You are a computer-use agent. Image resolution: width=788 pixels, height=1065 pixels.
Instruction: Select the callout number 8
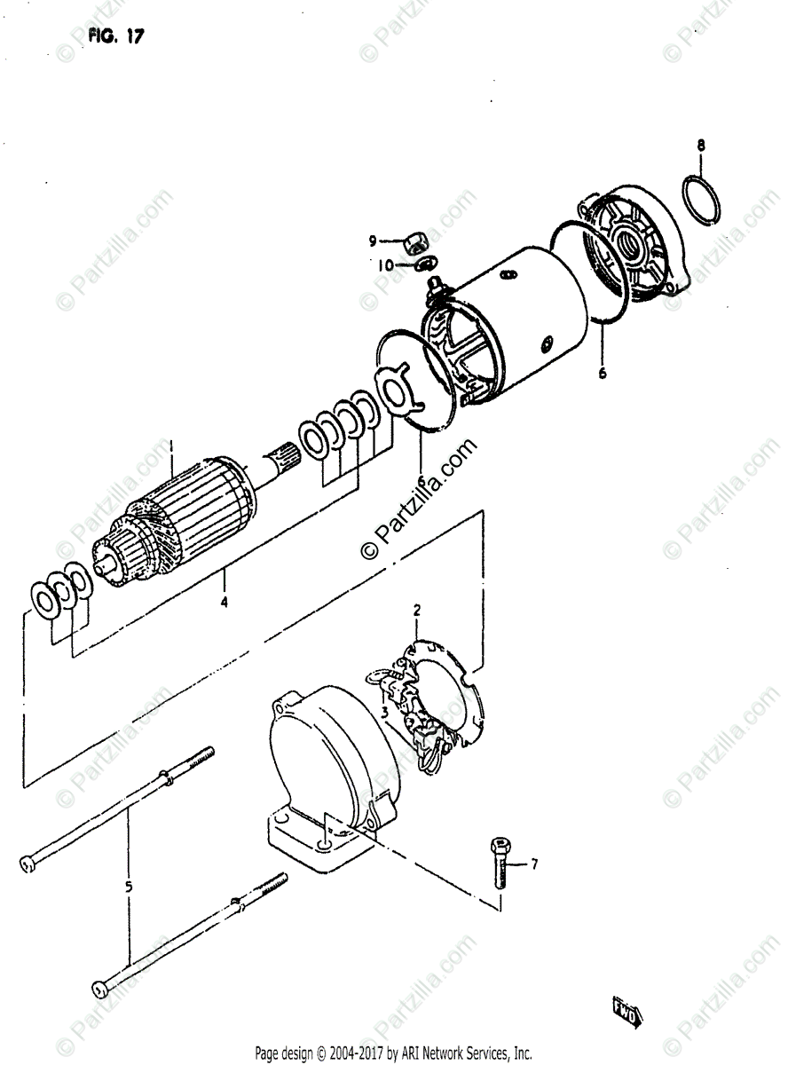click(x=701, y=145)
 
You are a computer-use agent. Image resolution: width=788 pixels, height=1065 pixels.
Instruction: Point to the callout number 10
click(x=384, y=264)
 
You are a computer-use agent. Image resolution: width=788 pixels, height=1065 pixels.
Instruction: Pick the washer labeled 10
click(x=425, y=262)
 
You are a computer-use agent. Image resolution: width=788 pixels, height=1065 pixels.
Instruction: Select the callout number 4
click(x=224, y=603)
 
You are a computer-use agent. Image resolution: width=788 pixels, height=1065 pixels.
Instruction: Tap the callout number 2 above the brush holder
click(x=416, y=610)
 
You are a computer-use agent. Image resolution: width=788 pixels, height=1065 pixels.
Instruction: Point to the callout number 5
click(x=129, y=885)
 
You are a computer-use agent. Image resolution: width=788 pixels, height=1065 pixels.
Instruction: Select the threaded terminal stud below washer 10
click(x=436, y=286)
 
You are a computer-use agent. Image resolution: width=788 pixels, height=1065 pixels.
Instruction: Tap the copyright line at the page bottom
click(x=393, y=1053)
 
